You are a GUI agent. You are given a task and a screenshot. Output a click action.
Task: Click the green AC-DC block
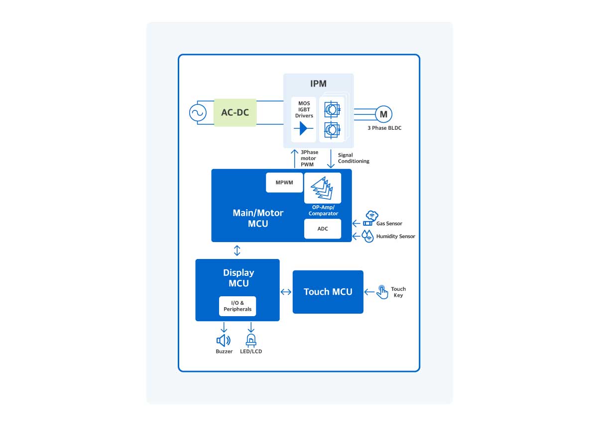(235, 112)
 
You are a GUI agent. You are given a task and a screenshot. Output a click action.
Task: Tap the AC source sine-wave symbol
(198, 113)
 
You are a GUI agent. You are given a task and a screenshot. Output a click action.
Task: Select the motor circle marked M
(383, 114)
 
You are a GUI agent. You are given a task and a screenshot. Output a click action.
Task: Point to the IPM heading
(318, 84)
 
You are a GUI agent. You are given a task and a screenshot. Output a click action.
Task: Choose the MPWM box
(284, 182)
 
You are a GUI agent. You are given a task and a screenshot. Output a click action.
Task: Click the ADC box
(323, 229)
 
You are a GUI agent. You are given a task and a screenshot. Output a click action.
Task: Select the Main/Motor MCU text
(258, 218)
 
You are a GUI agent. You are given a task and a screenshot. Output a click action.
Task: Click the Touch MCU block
(328, 292)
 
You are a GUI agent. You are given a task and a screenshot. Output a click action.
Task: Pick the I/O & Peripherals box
(237, 306)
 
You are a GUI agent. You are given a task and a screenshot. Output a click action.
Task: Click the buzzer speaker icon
(224, 341)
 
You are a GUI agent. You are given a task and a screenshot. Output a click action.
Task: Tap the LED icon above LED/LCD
(250, 340)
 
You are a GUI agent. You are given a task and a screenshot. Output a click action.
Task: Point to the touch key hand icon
(382, 292)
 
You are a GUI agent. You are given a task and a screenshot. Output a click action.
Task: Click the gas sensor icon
(371, 218)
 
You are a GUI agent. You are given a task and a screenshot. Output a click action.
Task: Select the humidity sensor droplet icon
(368, 236)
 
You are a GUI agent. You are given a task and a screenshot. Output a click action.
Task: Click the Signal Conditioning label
(354, 158)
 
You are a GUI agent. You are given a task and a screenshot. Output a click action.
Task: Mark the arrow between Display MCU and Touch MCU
(286, 292)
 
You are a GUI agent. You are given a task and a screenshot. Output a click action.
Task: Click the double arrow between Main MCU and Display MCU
(237, 250)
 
